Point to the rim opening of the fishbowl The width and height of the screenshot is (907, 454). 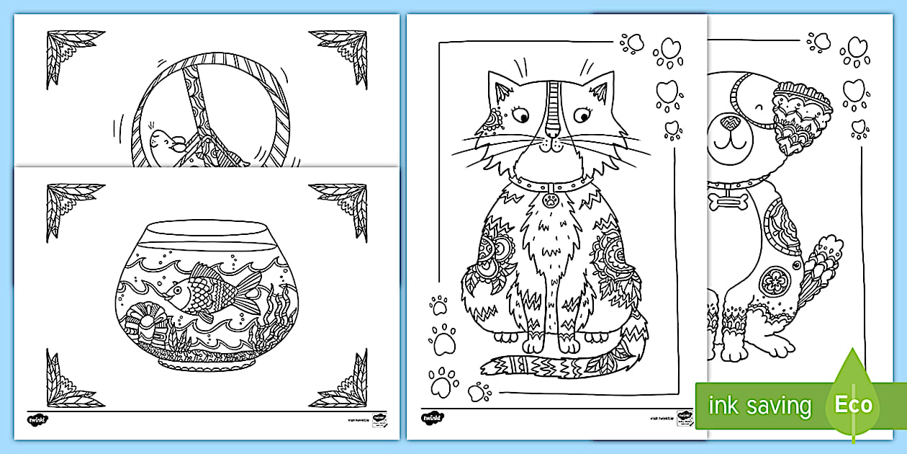(203, 231)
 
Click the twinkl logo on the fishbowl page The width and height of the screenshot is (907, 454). (39, 419)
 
